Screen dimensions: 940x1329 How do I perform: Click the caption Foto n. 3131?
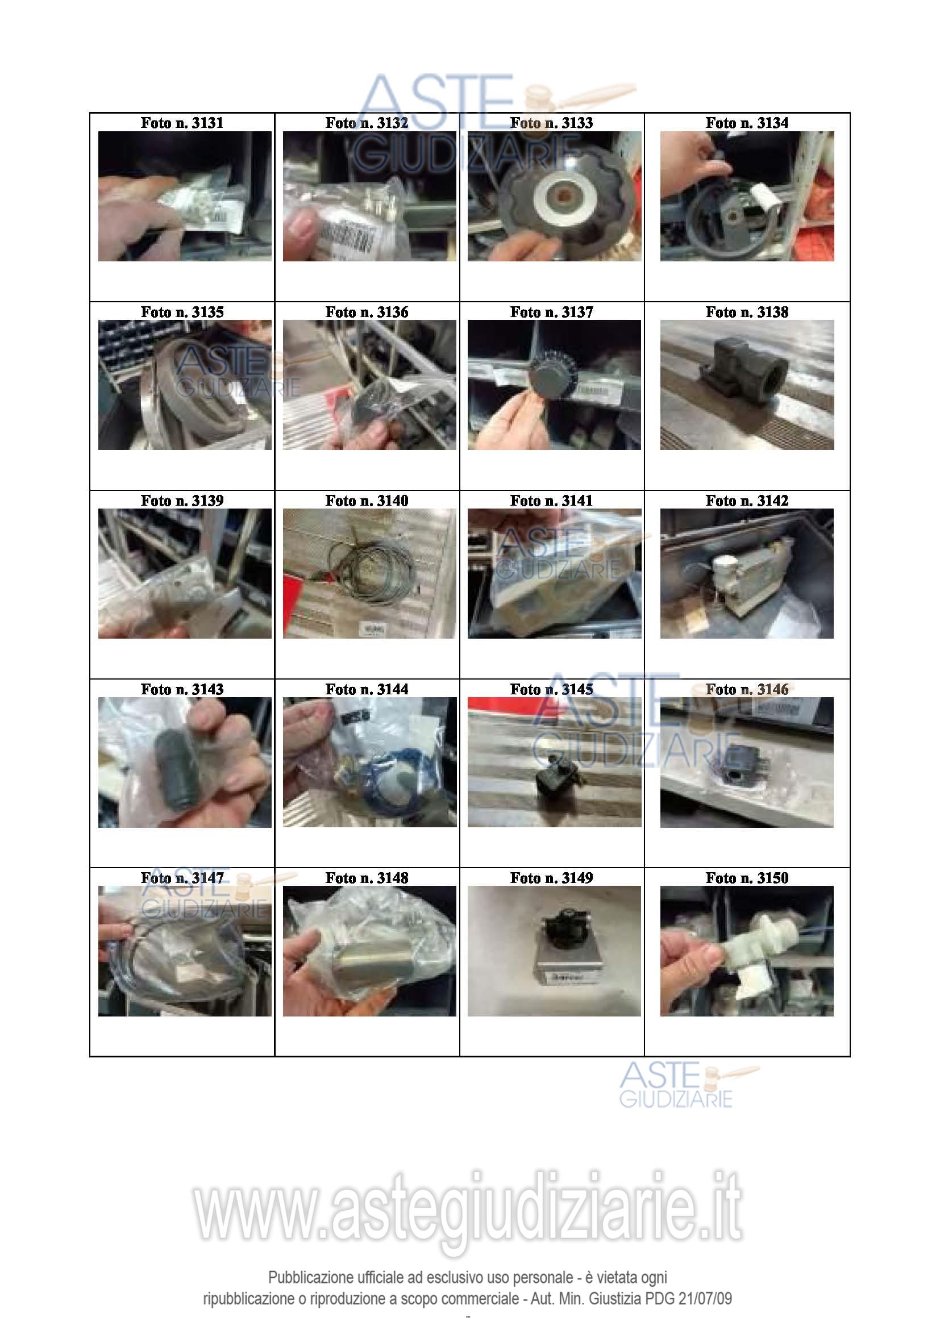(182, 123)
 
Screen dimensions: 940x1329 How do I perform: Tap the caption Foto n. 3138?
(747, 312)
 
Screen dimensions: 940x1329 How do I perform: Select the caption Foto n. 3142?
(747, 501)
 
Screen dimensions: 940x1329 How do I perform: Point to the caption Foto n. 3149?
(552, 878)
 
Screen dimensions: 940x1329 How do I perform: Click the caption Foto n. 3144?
(367, 689)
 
